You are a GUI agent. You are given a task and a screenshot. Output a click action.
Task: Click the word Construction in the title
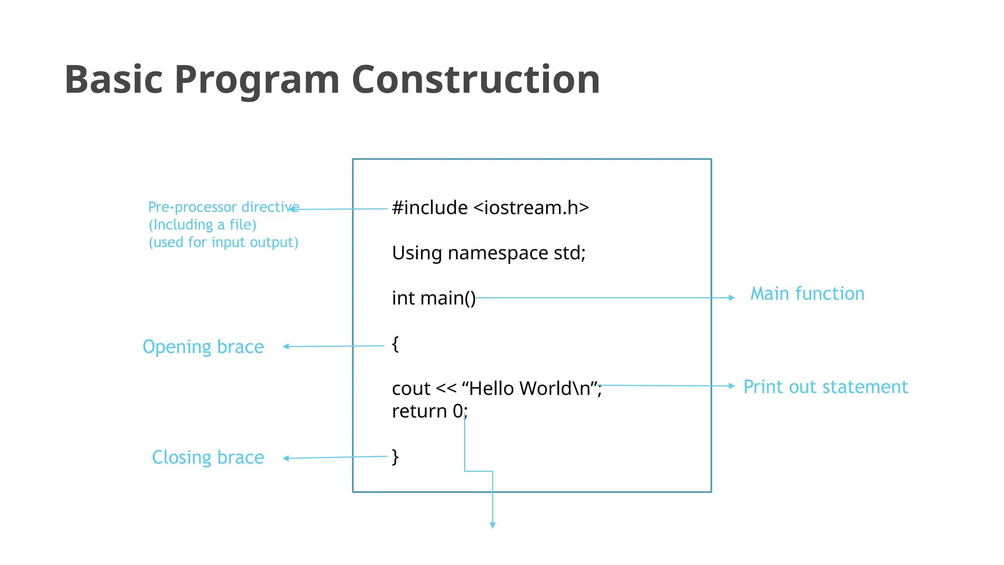(476, 79)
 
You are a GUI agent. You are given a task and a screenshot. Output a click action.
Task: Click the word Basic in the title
(113, 79)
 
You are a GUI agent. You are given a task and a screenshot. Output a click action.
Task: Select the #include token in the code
(429, 207)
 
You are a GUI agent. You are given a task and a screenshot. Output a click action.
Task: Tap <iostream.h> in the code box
(531, 207)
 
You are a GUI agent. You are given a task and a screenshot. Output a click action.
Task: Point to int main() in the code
(433, 298)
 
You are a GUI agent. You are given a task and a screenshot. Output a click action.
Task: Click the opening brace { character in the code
(395, 344)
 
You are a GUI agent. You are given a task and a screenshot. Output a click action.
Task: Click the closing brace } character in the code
(395, 457)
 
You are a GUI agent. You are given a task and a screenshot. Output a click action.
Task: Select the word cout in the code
(411, 388)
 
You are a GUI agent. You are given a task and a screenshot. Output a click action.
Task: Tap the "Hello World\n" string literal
(531, 388)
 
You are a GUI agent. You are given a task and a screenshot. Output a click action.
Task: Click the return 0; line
(429, 411)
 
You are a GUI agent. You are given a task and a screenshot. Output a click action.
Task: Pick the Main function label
(807, 294)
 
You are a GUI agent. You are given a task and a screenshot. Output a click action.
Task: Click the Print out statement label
(825, 387)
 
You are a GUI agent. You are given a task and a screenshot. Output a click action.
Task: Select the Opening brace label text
(203, 347)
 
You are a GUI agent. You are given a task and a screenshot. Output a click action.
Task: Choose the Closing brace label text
(208, 457)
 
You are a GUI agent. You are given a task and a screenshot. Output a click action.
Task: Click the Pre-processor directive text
(223, 207)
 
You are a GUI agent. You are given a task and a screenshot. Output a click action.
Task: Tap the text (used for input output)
(223, 242)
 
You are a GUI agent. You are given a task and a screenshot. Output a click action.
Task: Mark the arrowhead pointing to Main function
(732, 298)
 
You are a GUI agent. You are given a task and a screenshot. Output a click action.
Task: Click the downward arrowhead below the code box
(493, 525)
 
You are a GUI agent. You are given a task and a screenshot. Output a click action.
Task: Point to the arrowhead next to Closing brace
(286, 458)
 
